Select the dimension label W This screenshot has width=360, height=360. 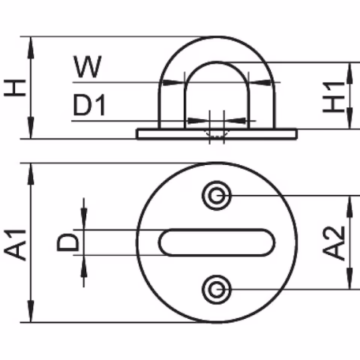tap(88, 67)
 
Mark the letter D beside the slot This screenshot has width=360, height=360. tap(67, 242)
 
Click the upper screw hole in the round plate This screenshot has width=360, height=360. tap(217, 196)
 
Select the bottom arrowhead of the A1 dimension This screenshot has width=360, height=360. tap(31, 315)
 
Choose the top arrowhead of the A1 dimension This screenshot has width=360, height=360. tap(31, 170)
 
